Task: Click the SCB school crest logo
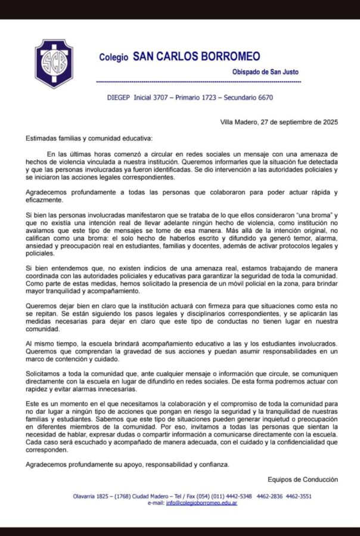54,63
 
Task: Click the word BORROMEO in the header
231,57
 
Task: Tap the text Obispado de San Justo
266,71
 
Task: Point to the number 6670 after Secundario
263,97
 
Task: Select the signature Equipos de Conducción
303,479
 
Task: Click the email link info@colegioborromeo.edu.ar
201,503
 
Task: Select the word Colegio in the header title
113,58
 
